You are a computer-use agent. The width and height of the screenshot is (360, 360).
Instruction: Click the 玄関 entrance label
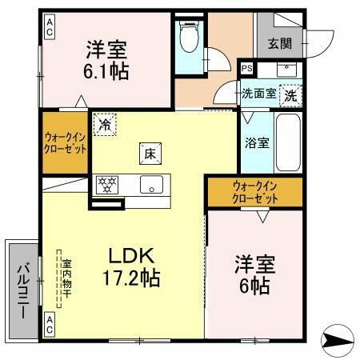(279, 43)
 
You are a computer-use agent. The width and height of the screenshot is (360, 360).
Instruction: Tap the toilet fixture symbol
(190, 36)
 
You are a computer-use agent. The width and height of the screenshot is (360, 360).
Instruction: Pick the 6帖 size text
(254, 287)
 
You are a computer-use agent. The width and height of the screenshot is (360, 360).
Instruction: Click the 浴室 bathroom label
(256, 143)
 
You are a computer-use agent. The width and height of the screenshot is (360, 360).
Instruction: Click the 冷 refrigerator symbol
(105, 125)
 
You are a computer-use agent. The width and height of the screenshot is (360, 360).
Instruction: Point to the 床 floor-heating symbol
(149, 154)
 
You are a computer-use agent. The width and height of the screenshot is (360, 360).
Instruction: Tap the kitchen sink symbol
(150, 185)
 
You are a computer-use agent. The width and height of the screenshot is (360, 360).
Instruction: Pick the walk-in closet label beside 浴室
(254, 192)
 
